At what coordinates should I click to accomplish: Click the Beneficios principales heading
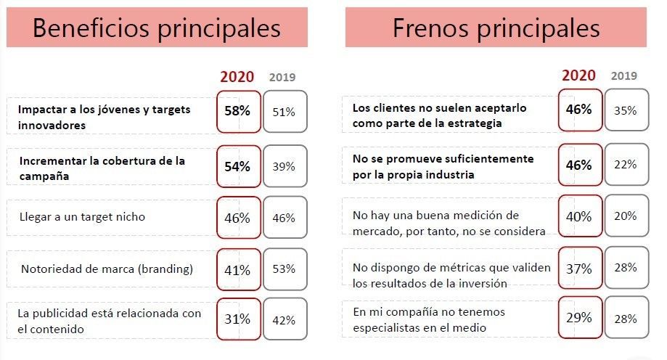[156, 28]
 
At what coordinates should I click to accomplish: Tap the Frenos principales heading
[496, 28]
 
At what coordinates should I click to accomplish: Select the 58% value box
[238, 112]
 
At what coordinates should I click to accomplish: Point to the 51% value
[284, 112]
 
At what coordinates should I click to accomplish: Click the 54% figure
[238, 166]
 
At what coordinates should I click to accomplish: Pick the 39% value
[284, 166]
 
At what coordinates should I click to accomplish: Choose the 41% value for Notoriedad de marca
[238, 270]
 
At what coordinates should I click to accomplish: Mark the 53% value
[284, 269]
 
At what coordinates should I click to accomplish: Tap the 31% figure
[238, 319]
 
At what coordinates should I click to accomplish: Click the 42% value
[284, 319]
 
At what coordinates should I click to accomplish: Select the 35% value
[625, 111]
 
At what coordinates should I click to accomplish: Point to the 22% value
[625, 164]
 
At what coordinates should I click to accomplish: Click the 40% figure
[580, 216]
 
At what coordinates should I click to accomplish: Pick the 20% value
[625, 216]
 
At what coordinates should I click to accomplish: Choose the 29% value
[580, 319]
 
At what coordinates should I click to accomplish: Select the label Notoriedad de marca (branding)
[106, 269]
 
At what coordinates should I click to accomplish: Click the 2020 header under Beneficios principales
[237, 76]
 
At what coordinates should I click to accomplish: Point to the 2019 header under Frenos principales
[624, 75]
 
